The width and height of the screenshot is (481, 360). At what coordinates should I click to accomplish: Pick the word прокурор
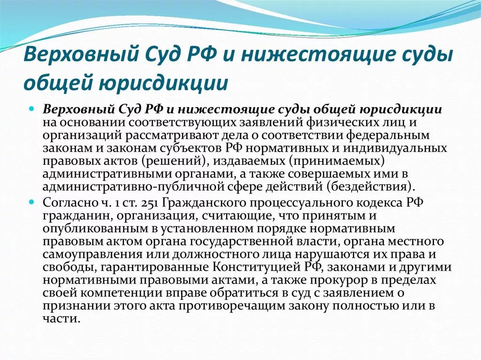[x=337, y=280]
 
